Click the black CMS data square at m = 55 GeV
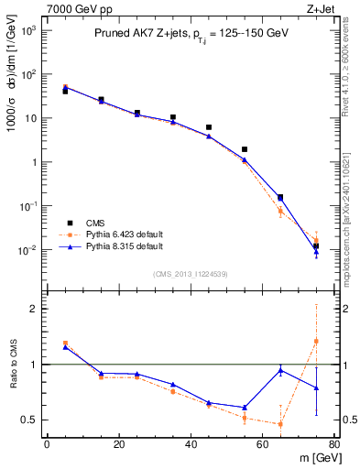click(x=245, y=149)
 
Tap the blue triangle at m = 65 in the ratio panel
click(x=280, y=370)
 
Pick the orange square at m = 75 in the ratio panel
click(x=316, y=341)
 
